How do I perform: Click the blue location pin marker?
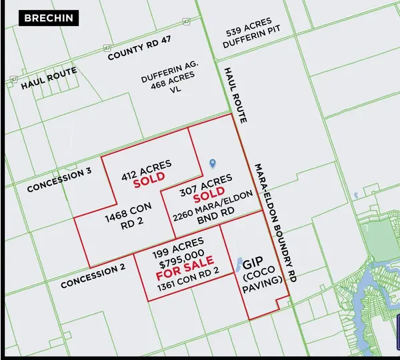point(213,163)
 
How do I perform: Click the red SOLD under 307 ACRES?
point(209,199)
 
